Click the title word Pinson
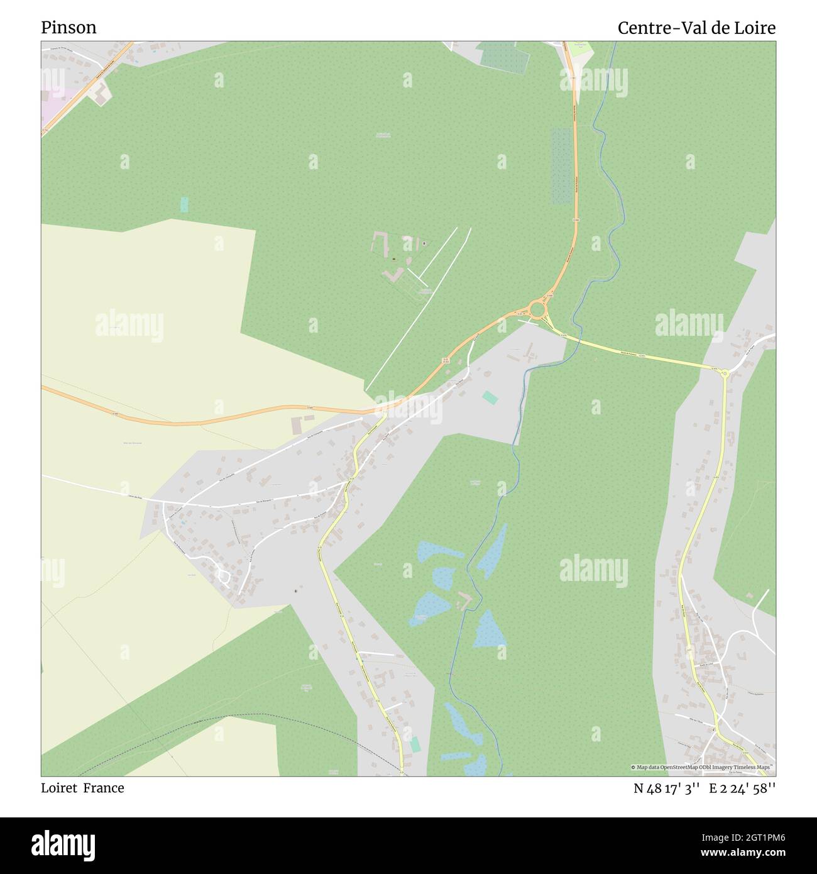tap(69, 28)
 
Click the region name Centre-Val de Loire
tap(696, 28)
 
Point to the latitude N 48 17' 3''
tap(667, 788)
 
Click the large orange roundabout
tap(537, 309)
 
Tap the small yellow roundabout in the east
tap(724, 373)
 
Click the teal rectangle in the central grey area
tap(488, 397)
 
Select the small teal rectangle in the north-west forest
tap(184, 204)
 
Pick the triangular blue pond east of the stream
tap(489, 630)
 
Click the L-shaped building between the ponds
tap(466, 600)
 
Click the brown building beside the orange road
tap(296, 425)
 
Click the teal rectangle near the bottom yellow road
tap(415, 744)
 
